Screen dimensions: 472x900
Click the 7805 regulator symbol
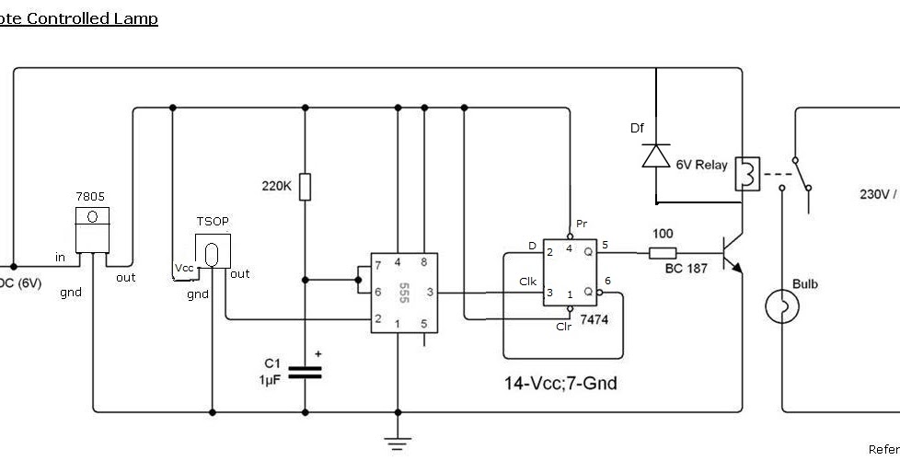tap(92, 230)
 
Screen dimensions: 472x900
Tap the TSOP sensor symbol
tap(212, 251)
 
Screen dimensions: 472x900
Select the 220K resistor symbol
tap(306, 187)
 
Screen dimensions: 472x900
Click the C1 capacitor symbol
tap(306, 373)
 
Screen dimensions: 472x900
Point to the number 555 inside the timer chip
tap(403, 293)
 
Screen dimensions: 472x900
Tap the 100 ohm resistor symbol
tap(663, 253)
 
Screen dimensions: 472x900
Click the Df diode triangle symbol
tap(655, 155)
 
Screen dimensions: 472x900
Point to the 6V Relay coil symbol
tap(747, 172)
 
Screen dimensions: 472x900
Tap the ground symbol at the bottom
tap(398, 444)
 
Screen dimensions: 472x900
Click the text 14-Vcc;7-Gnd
tap(560, 383)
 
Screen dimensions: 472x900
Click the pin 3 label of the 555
tap(430, 293)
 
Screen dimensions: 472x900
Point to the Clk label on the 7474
tap(527, 282)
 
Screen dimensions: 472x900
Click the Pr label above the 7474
tap(581, 224)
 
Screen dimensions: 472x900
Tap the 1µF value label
tap(270, 379)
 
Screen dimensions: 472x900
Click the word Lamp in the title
tap(136, 18)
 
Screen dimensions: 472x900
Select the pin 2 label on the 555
tap(377, 319)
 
